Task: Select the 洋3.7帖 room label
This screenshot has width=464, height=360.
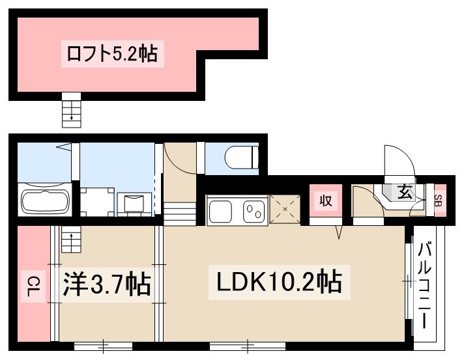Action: pyautogui.click(x=107, y=284)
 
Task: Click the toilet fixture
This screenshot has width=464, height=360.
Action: pyautogui.click(x=242, y=157)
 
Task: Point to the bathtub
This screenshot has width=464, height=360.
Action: pyautogui.click(x=46, y=201)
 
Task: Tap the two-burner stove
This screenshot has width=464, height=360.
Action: pyautogui.click(x=254, y=211)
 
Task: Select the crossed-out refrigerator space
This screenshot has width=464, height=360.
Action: pyautogui.click(x=284, y=210)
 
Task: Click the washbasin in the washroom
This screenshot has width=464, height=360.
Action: pyautogui.click(x=134, y=201)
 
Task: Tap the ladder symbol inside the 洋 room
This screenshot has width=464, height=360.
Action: pyautogui.click(x=69, y=240)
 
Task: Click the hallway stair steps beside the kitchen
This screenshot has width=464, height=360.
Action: pyautogui.click(x=179, y=213)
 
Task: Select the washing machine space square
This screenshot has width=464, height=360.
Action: pyautogui.click(x=96, y=201)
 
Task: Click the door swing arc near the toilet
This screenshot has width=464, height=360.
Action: pyautogui.click(x=177, y=156)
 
